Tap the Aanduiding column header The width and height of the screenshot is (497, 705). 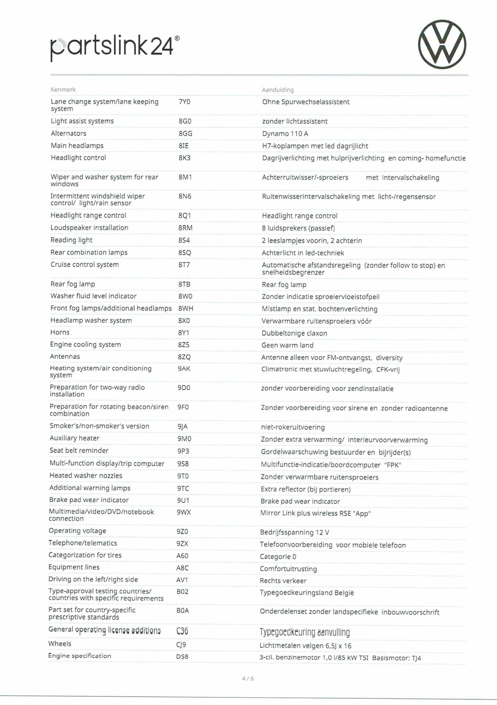[278, 90]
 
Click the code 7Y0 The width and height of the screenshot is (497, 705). [184, 102]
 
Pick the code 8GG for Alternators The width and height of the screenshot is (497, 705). [185, 133]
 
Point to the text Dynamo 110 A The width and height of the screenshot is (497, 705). [285, 134]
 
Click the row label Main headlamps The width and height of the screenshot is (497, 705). [77, 146]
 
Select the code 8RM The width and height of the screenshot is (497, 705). [185, 228]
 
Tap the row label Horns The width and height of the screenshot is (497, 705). [60, 332]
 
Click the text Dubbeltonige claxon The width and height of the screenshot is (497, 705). [294, 333]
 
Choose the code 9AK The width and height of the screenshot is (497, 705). [184, 369]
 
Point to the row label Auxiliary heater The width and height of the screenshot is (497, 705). [74, 438]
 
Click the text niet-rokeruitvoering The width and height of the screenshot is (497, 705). [293, 427]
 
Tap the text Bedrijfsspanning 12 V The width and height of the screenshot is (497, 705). [294, 532]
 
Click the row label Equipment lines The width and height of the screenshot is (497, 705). [74, 567]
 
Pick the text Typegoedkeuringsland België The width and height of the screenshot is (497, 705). [306, 593]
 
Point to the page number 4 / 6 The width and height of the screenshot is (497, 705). [248, 679]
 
